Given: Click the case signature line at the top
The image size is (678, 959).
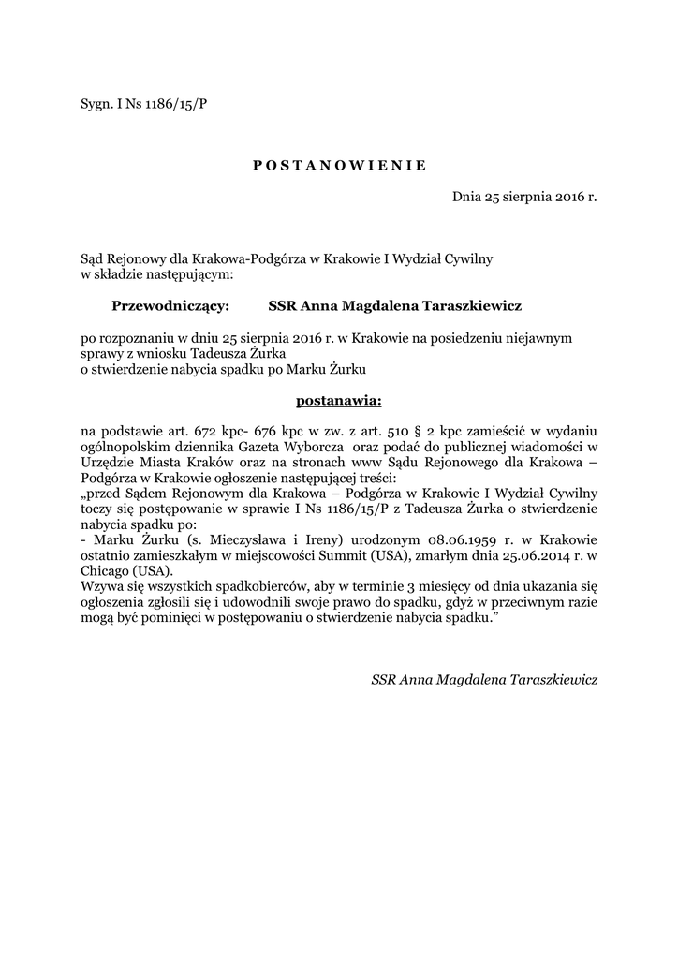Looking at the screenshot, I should [144, 102].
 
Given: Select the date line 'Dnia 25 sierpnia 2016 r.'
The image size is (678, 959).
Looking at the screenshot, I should [524, 198].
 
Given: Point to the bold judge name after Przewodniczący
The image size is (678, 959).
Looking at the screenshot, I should [394, 305].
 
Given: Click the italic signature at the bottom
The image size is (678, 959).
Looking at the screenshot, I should [484, 680].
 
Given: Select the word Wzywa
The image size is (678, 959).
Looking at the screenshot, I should [102, 584].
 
